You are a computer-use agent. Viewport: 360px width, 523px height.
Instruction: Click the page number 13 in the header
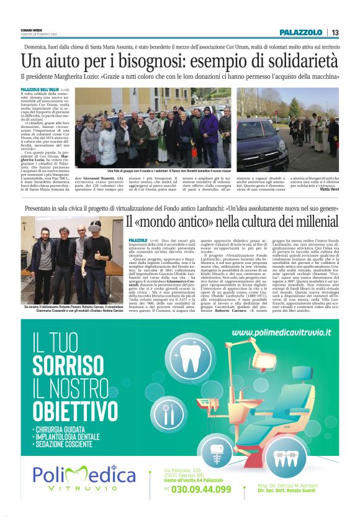[x=335, y=32]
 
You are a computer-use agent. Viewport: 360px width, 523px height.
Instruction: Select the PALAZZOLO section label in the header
[x=300, y=32]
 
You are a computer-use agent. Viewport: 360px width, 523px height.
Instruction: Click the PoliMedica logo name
[x=84, y=475]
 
